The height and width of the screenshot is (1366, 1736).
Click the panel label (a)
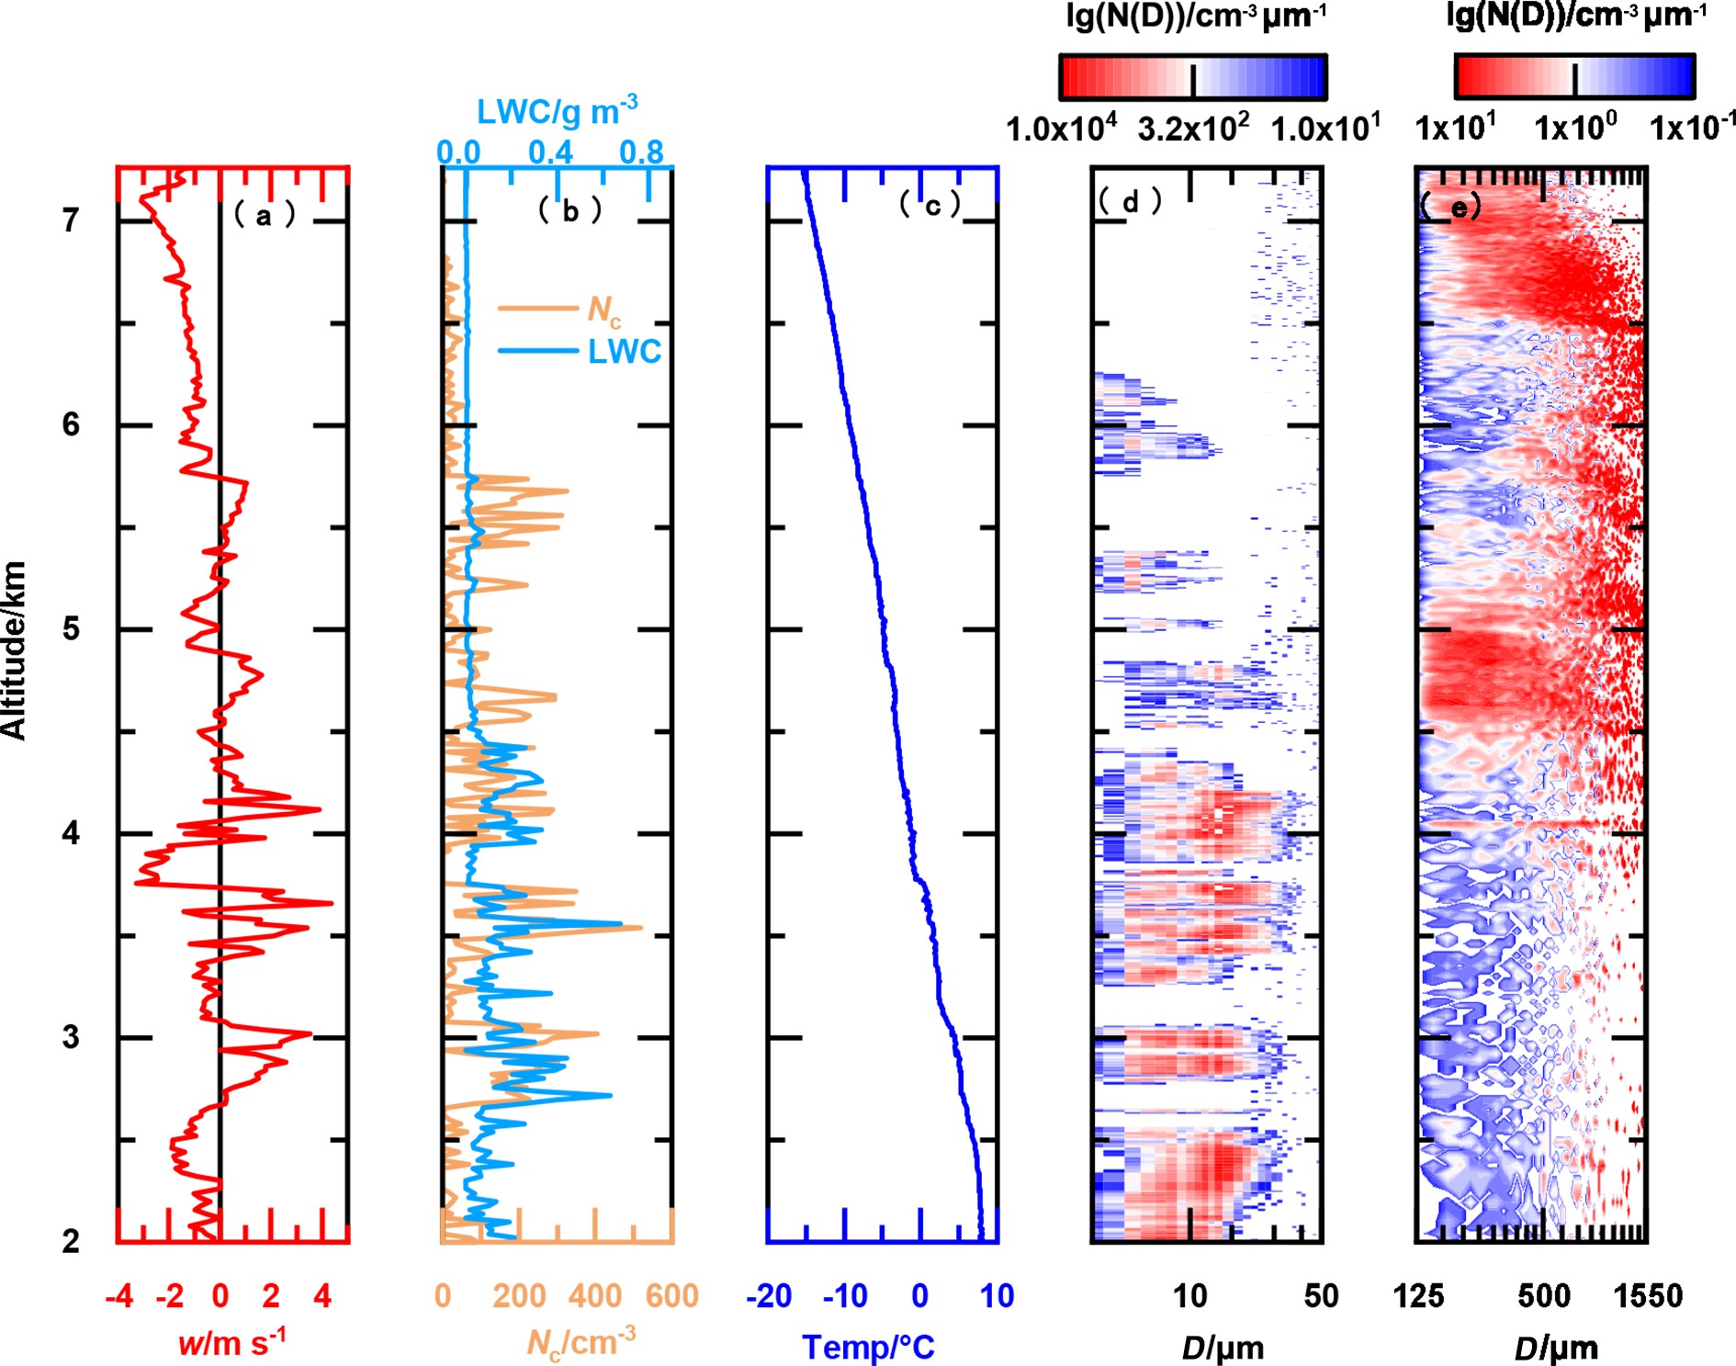265,215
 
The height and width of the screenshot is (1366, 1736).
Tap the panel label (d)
1130,201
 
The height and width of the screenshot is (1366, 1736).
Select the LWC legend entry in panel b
625,352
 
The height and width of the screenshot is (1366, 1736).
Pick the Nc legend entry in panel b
603,310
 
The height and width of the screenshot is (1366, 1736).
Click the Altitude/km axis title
15,649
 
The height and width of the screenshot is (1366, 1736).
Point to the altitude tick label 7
71,220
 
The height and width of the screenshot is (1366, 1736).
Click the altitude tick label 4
71,833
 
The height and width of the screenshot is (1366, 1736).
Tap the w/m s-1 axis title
231,1342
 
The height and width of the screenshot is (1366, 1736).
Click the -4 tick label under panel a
119,1296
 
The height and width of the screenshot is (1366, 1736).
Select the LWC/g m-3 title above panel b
557,111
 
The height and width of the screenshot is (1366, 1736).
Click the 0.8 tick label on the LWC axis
641,152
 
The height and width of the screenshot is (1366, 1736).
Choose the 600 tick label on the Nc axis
671,1296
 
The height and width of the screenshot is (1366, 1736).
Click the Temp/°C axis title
868,1347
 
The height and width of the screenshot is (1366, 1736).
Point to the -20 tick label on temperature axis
769,1296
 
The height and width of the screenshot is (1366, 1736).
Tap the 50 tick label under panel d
1321,1296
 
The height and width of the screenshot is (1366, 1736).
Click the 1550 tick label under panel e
1648,1296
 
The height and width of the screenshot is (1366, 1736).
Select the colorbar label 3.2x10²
1192,129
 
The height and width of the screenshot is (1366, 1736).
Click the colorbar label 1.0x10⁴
1061,129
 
